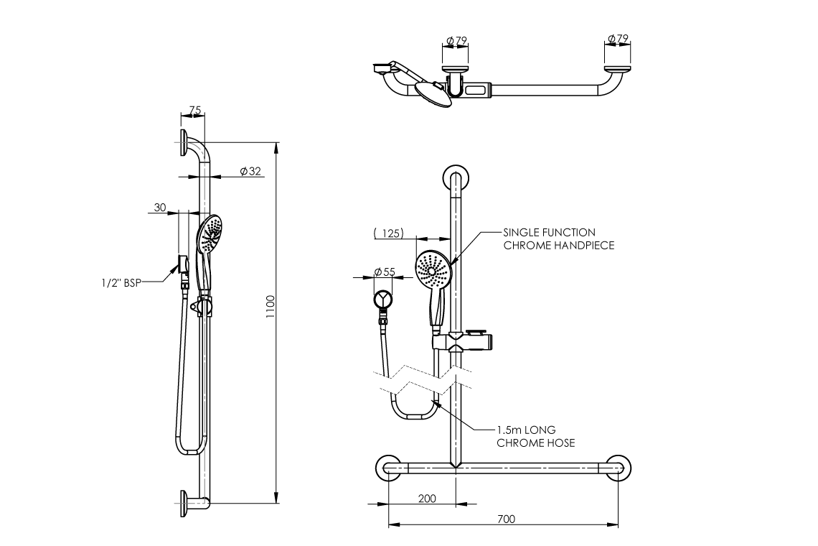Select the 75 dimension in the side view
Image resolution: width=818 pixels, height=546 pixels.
coord(194,111)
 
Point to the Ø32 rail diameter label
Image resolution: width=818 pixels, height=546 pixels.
coord(250,171)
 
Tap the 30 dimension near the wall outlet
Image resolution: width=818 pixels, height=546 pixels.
coord(160,208)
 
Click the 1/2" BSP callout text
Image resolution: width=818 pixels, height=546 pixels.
coord(121,283)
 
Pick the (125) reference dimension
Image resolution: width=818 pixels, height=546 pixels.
coord(388,233)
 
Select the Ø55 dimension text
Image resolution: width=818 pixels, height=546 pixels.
coord(385,272)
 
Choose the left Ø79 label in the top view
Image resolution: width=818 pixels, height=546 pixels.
coord(456,39)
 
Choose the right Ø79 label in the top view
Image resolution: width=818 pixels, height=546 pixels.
coord(618,38)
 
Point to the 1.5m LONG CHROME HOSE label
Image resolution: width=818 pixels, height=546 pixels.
coord(535,436)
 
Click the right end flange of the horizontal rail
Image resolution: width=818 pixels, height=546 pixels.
coord(618,468)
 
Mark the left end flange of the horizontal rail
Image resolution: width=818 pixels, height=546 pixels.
coord(388,468)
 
